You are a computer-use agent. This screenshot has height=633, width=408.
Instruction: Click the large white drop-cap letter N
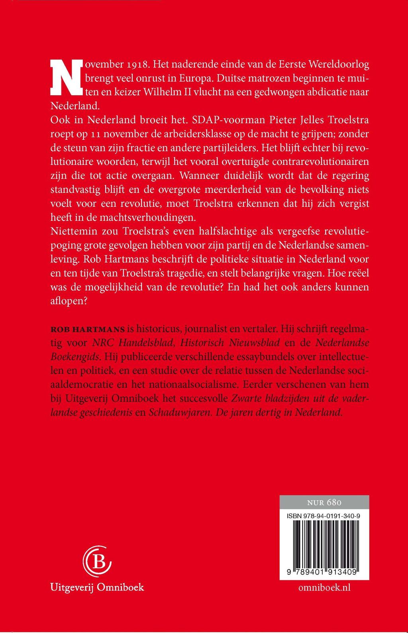tap(67, 78)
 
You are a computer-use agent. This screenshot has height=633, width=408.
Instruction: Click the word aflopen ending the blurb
tap(69, 301)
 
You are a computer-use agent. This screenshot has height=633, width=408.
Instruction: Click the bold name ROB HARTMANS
tap(88, 329)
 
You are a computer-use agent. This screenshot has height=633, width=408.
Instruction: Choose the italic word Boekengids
tap(75, 357)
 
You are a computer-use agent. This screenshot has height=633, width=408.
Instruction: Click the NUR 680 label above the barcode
tap(324, 502)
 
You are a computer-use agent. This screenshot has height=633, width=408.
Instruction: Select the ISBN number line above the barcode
tap(324, 516)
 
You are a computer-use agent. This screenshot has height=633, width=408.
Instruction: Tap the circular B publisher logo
tap(97, 561)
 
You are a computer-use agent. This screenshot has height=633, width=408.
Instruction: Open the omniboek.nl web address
tap(324, 588)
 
